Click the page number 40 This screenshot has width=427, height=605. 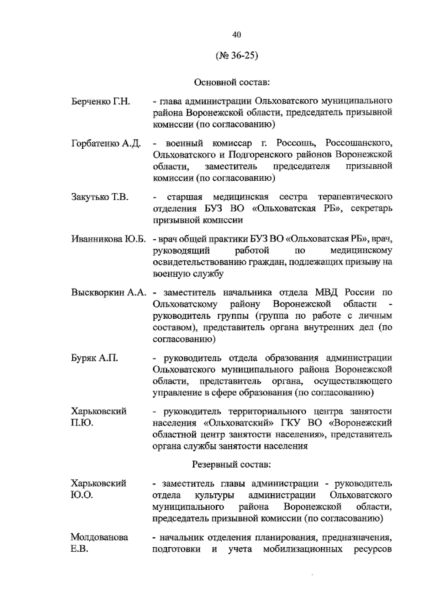pyautogui.click(x=237, y=35)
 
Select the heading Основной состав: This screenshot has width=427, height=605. pyautogui.click(x=232, y=83)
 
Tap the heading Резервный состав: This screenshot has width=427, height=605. pyautogui.click(x=232, y=465)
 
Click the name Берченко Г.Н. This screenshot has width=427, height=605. pyautogui.click(x=101, y=101)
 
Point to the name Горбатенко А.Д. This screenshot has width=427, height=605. pyautogui.click(x=106, y=144)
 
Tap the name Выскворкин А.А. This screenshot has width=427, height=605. pyautogui.click(x=109, y=293)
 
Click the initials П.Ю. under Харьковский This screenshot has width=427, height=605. pyautogui.click(x=82, y=423)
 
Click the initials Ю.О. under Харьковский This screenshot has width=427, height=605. pyautogui.click(x=82, y=495)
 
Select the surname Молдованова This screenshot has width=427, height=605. pyautogui.click(x=99, y=537)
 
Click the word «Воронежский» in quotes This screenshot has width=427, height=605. pyautogui.click(x=361, y=423)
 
